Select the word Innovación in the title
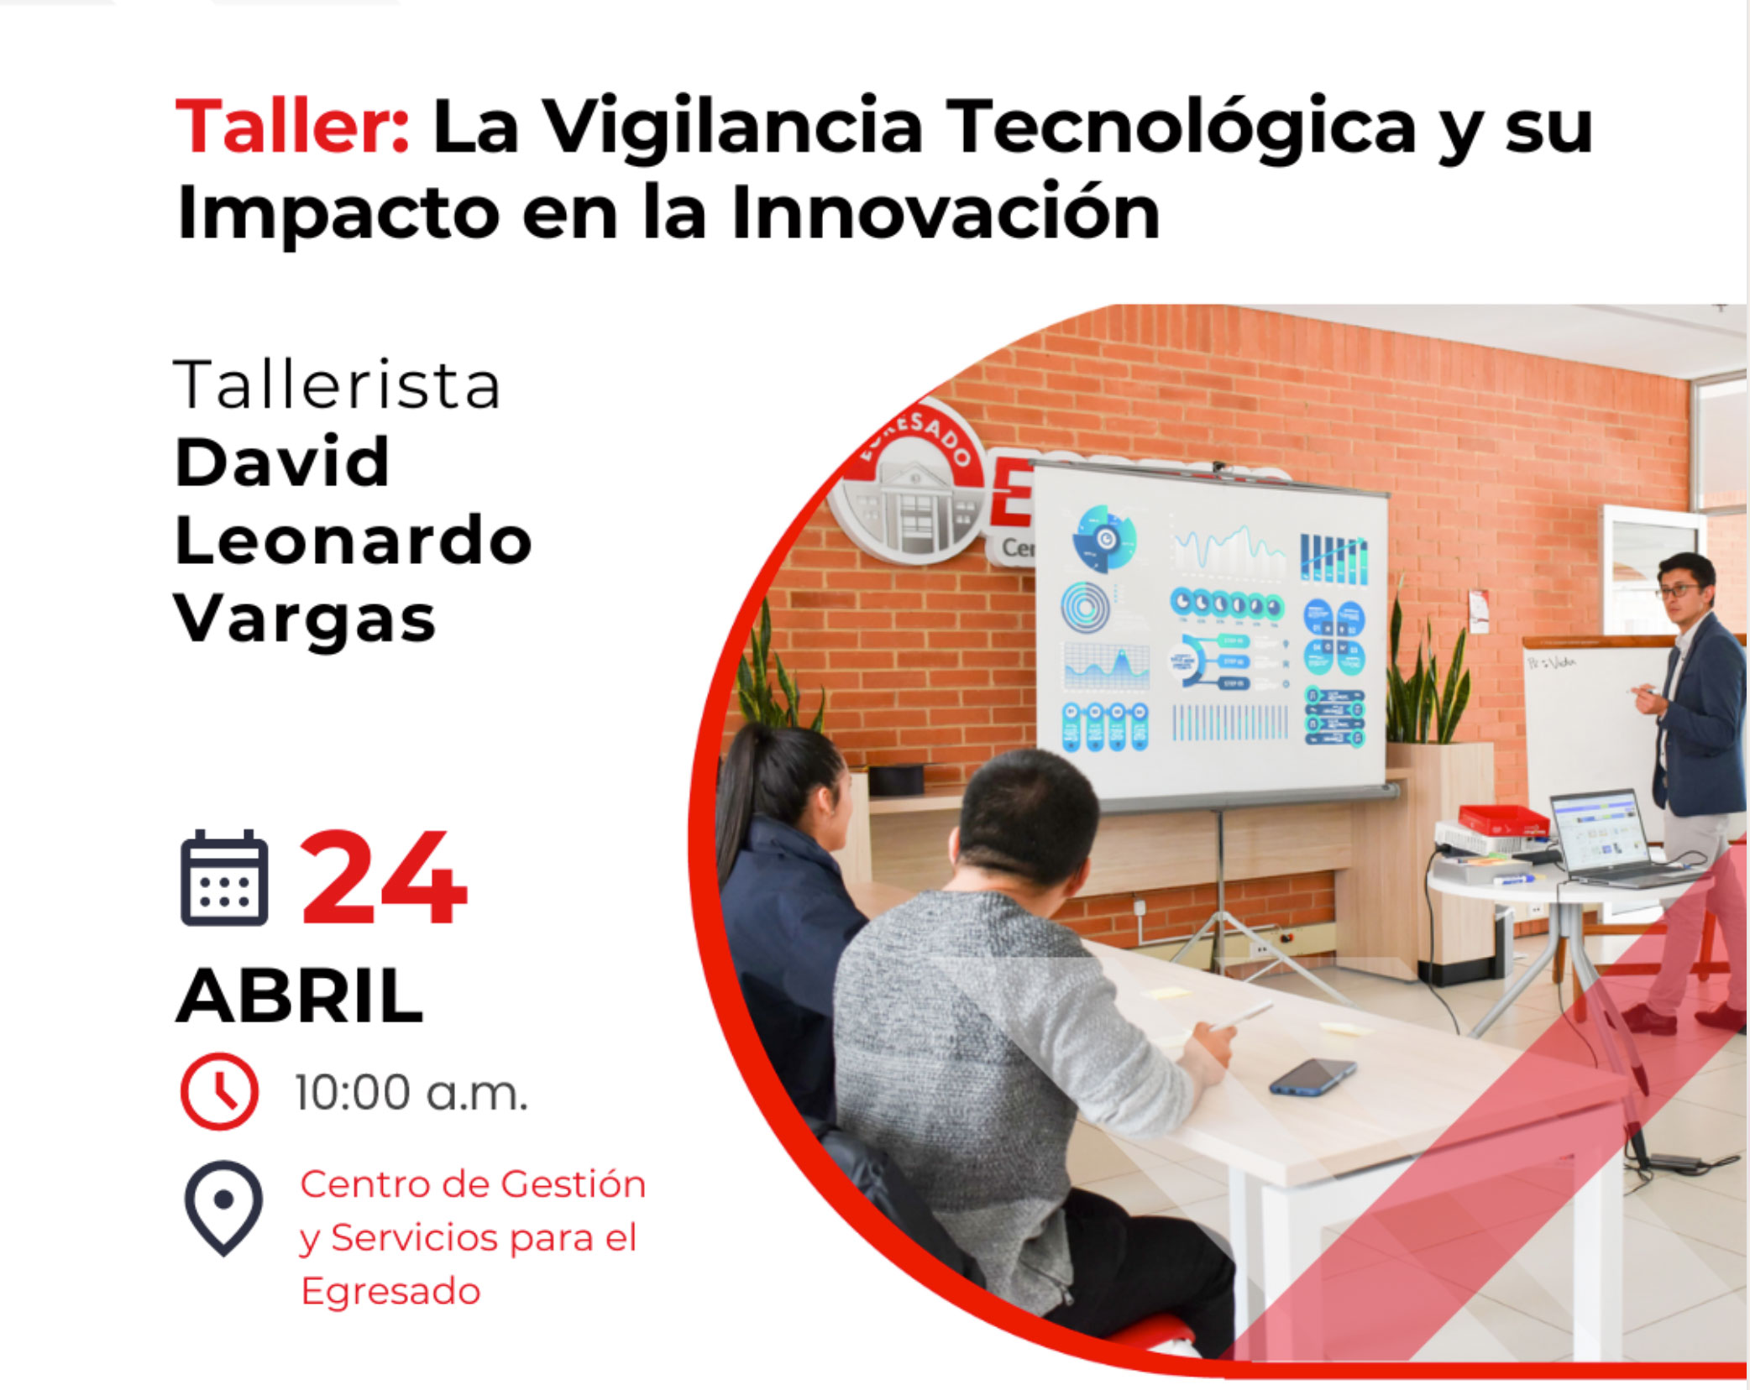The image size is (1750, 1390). (x=946, y=212)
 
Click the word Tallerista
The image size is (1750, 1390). (x=337, y=385)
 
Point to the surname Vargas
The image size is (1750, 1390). (x=306, y=620)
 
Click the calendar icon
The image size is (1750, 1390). (x=224, y=877)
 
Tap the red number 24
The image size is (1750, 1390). (x=383, y=877)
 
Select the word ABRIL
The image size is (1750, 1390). (x=299, y=995)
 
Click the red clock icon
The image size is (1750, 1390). (x=220, y=1091)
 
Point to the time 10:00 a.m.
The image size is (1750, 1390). (x=411, y=1092)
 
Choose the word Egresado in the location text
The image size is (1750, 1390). (x=390, y=1291)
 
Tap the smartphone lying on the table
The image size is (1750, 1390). (x=1312, y=1077)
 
